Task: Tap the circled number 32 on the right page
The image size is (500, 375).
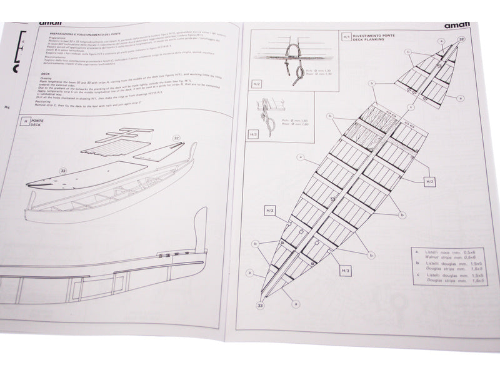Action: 461,39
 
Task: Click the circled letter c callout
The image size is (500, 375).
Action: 411,106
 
